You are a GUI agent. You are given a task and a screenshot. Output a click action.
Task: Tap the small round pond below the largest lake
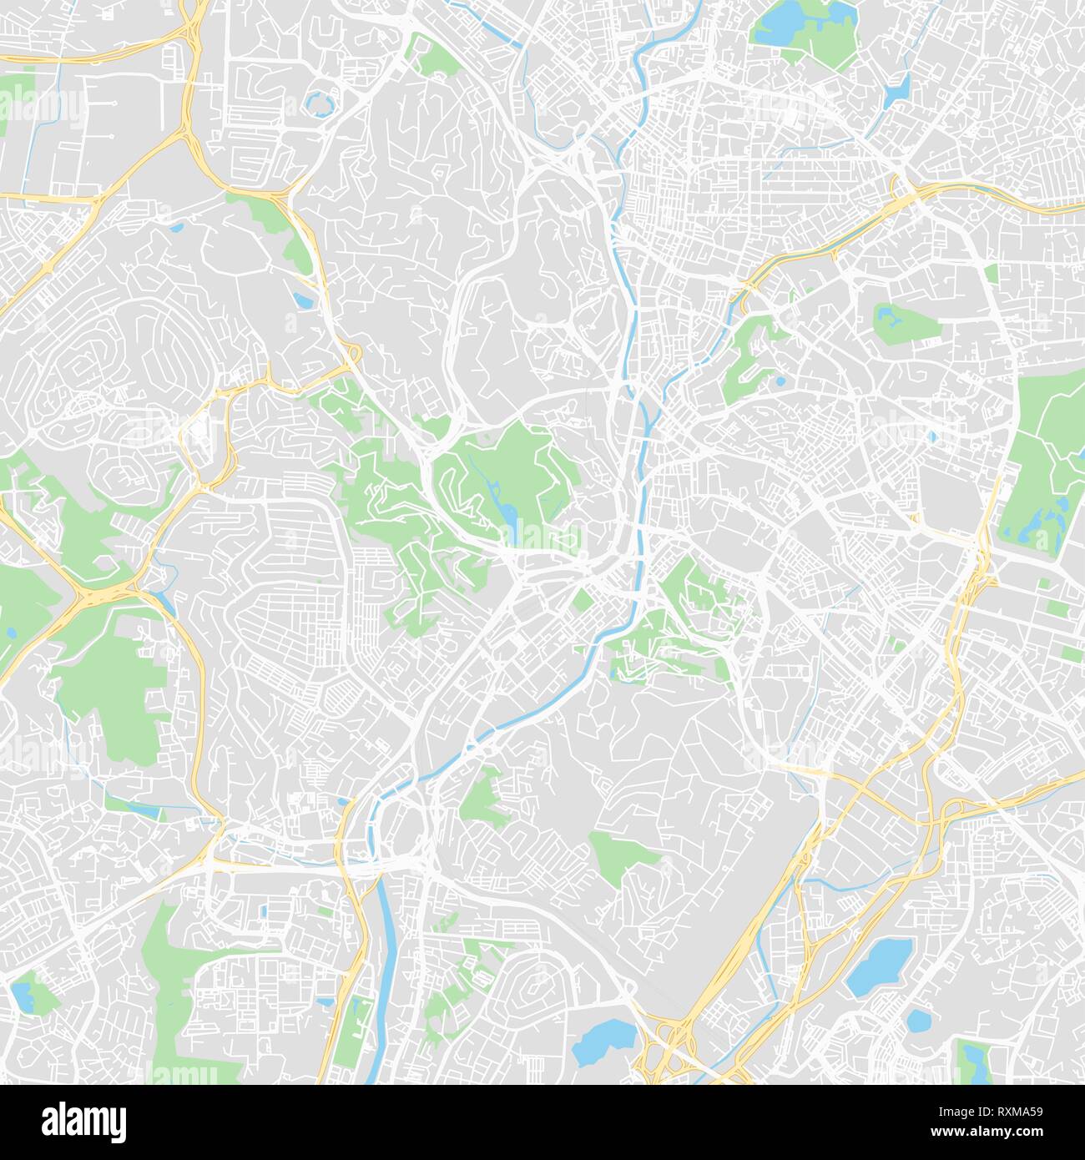pos(917,1021)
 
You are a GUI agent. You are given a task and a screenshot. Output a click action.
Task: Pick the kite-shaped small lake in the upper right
pos(897,88)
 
